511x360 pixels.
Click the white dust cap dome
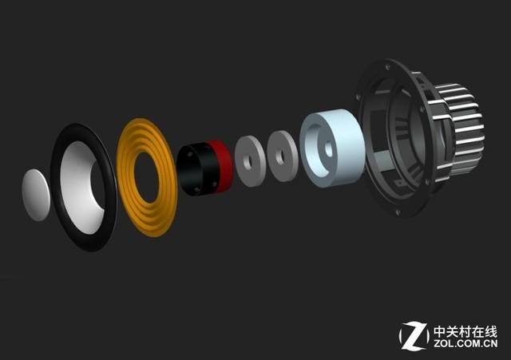[x=36, y=195]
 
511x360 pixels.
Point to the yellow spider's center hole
[x=146, y=176]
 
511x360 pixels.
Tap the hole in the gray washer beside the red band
[x=248, y=161]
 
